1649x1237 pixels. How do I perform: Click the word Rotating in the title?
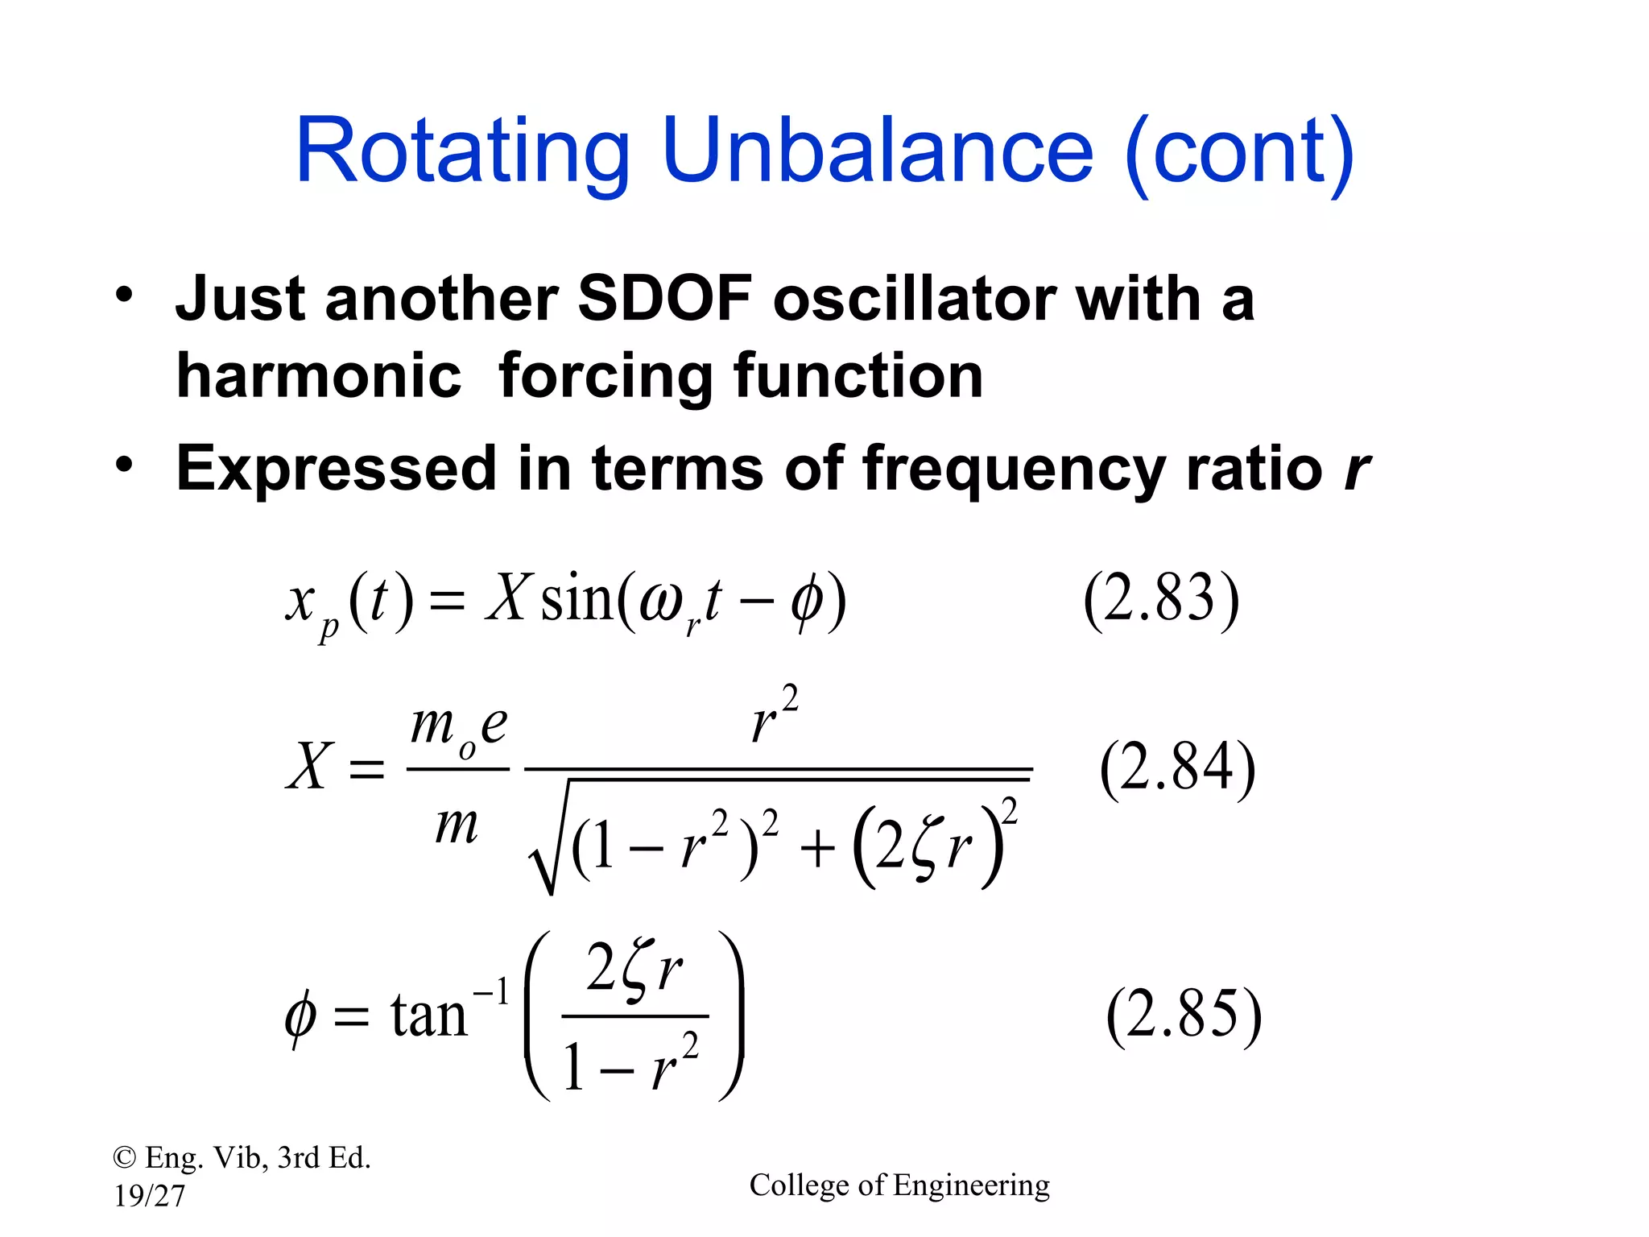(x=462, y=153)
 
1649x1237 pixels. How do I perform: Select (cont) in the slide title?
(x=1240, y=153)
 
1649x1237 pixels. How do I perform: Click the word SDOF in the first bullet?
(x=665, y=298)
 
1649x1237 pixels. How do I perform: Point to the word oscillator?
(x=914, y=298)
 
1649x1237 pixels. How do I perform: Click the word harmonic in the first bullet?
(x=319, y=377)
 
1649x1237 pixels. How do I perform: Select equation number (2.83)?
(x=1160, y=599)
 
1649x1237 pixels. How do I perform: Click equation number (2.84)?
(x=1177, y=767)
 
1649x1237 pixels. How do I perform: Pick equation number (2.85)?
(x=1184, y=1015)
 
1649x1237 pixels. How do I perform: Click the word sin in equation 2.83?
(x=576, y=599)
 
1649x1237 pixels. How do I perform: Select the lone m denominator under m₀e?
(x=457, y=825)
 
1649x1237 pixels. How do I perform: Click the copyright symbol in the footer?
(x=124, y=1158)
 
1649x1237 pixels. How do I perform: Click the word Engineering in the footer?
(x=971, y=1185)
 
